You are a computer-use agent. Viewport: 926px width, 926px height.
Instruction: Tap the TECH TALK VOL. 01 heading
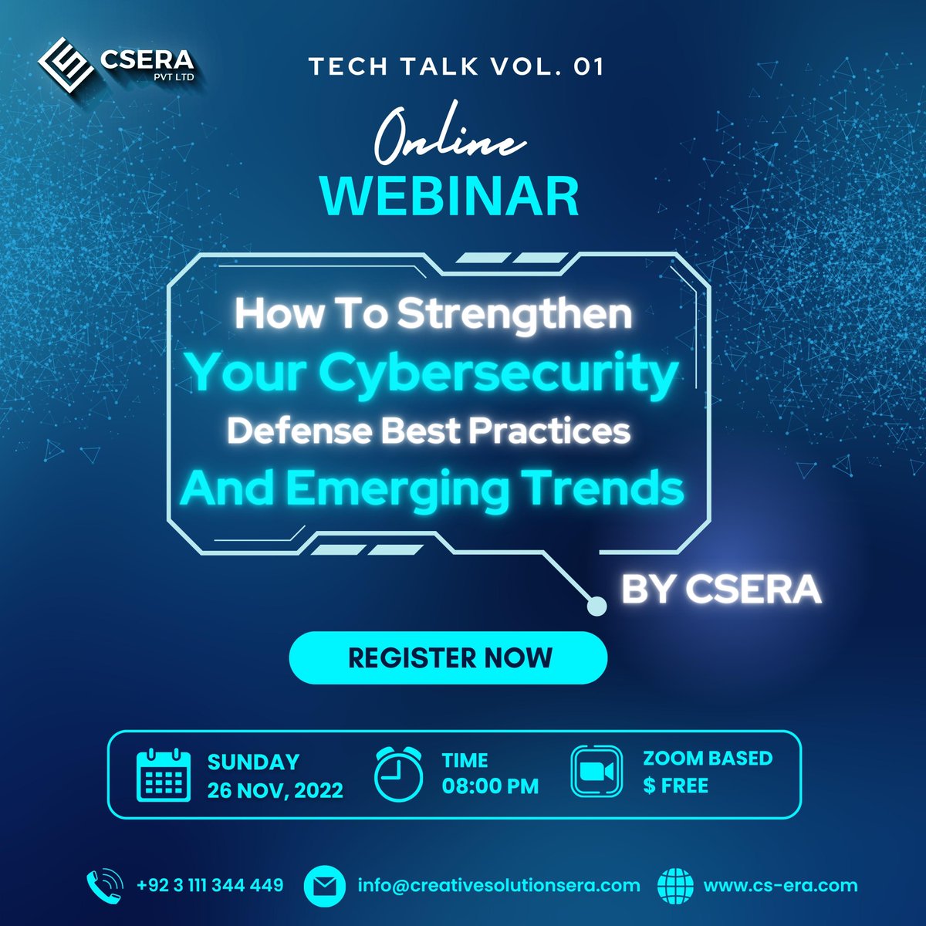[x=456, y=67]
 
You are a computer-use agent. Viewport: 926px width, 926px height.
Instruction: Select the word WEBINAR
[x=450, y=196]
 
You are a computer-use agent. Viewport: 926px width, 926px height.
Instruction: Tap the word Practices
[x=549, y=431]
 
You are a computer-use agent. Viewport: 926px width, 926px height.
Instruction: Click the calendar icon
[x=163, y=775]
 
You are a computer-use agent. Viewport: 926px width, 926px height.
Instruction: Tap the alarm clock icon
[x=398, y=774]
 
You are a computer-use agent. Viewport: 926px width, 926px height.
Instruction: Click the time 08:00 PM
[x=490, y=786]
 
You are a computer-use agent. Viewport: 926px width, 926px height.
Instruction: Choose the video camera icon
[x=596, y=772]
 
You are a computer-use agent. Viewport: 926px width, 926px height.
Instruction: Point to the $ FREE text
[x=675, y=786]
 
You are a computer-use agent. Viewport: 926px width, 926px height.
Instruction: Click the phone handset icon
[x=104, y=885]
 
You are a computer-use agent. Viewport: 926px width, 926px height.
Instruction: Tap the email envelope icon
[x=324, y=886]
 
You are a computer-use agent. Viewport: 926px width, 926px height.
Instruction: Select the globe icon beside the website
[x=676, y=886]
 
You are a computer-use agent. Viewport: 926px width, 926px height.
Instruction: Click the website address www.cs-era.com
[x=780, y=885]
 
